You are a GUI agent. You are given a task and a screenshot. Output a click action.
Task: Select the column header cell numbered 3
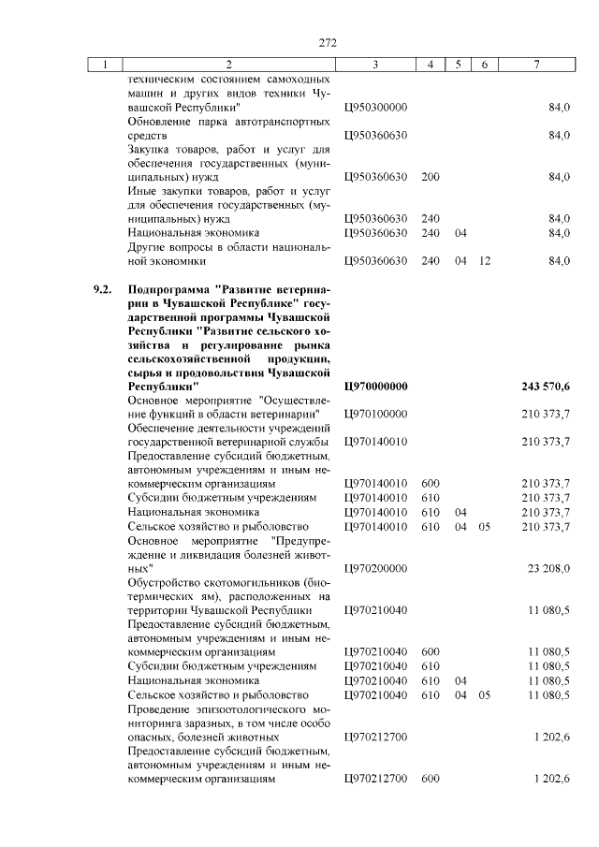pyautogui.click(x=374, y=65)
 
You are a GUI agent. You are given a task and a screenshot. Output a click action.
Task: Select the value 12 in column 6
pyautogui.click(x=484, y=260)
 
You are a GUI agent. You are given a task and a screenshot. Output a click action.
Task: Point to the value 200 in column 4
pyautogui.click(x=431, y=176)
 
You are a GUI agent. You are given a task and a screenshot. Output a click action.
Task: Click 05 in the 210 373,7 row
pyautogui.click(x=484, y=526)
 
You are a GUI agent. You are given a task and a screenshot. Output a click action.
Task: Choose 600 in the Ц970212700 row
pyautogui.click(x=431, y=779)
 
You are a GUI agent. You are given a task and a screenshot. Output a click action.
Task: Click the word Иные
pyautogui.click(x=141, y=190)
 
